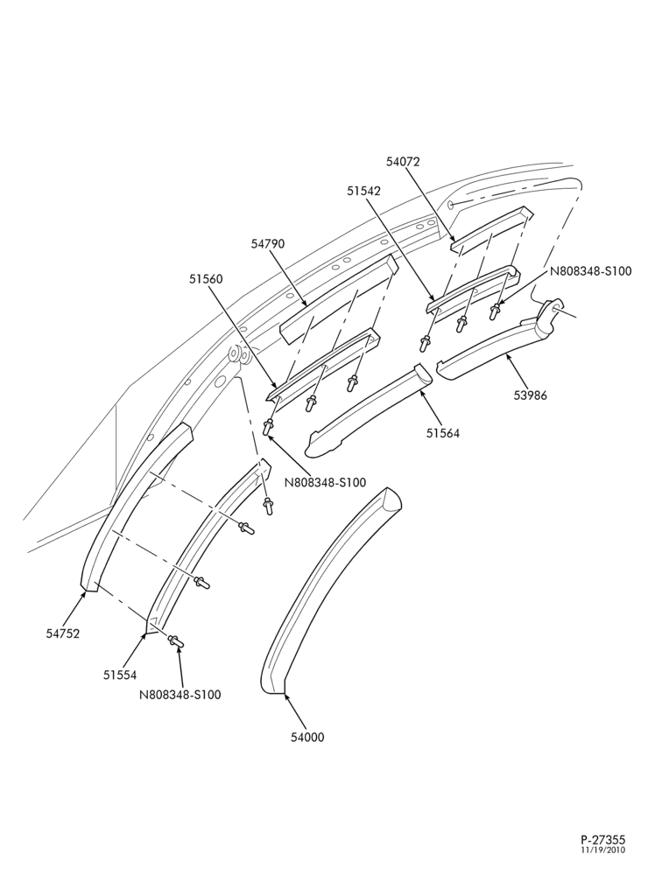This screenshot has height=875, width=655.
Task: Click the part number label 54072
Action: coord(403,162)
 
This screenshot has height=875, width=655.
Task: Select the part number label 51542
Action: coord(363,191)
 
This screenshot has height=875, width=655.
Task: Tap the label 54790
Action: coord(267,244)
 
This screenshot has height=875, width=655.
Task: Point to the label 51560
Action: coord(206,278)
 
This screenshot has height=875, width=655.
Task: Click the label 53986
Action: coord(530,395)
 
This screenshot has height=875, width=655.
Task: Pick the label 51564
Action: coord(442,432)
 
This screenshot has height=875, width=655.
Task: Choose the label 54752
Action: coord(63,633)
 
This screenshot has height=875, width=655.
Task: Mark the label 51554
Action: coord(119,675)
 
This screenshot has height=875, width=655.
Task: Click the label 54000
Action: coord(307,737)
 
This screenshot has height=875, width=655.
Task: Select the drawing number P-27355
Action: coord(602,840)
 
